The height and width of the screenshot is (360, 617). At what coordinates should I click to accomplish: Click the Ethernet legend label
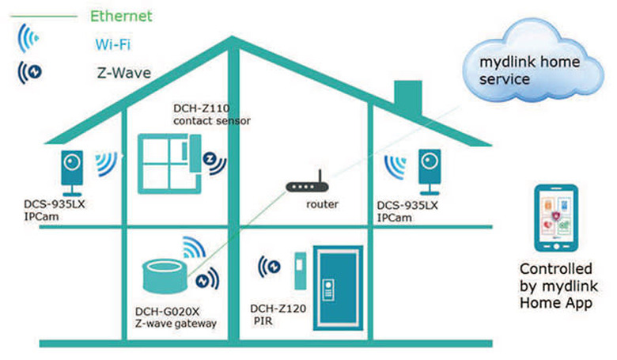click(x=121, y=16)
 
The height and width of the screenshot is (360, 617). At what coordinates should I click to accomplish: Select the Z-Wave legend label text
click(x=120, y=73)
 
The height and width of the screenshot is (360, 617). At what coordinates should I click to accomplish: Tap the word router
click(x=322, y=205)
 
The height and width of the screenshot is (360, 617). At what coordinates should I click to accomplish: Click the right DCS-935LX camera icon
click(x=430, y=171)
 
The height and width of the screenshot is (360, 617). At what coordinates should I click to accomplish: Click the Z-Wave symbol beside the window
click(x=213, y=161)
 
